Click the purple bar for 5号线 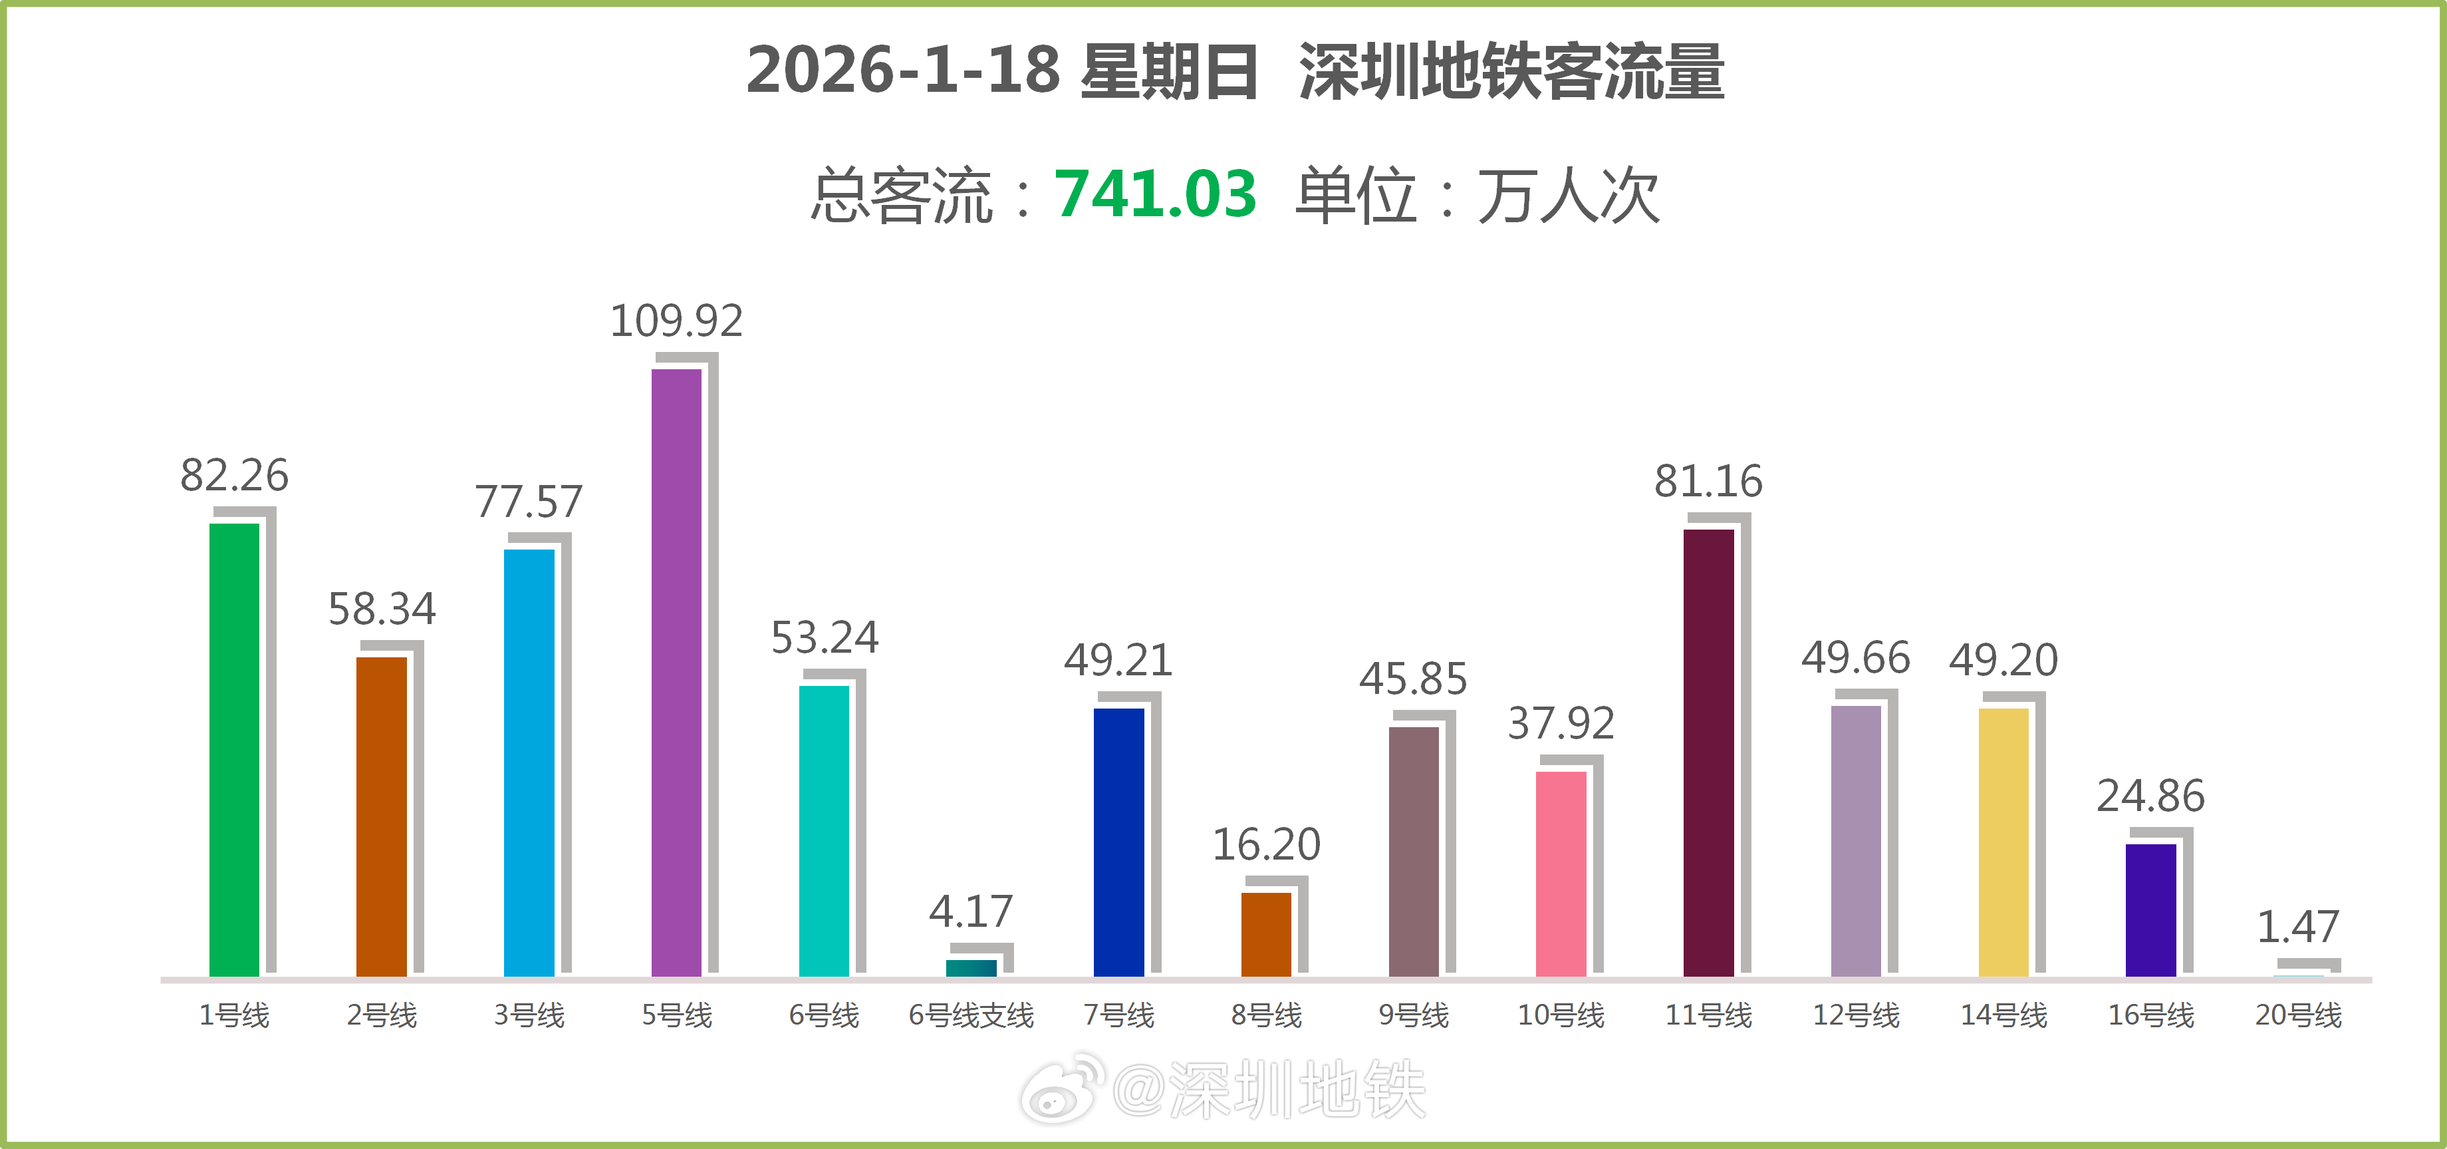(x=676, y=672)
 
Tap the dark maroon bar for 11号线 (x=1708, y=752)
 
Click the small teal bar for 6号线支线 (x=971, y=967)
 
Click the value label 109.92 (x=676, y=321)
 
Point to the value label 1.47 (x=2298, y=927)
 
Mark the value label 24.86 (x=2150, y=796)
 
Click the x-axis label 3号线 (x=529, y=1015)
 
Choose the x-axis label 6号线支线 (x=971, y=1015)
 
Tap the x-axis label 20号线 (x=2298, y=1015)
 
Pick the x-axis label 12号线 (x=1855, y=1015)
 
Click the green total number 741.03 (x=1155, y=195)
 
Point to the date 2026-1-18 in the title (x=902, y=71)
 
